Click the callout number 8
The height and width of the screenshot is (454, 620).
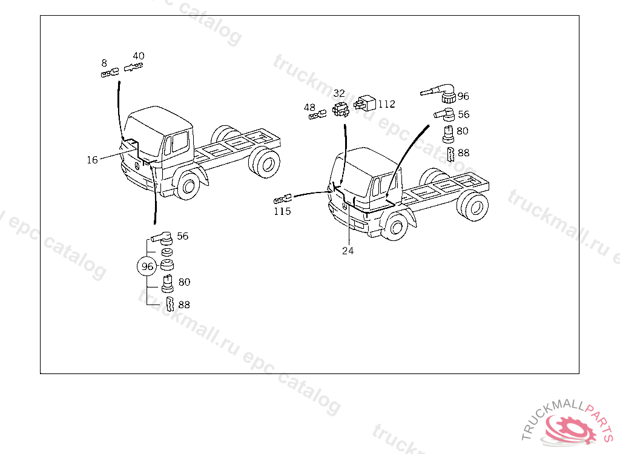pyautogui.click(x=104, y=63)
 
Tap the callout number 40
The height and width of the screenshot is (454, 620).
pyautogui.click(x=139, y=56)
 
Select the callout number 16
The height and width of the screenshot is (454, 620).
pyautogui.click(x=92, y=160)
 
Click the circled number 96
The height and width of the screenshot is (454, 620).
pyautogui.click(x=147, y=266)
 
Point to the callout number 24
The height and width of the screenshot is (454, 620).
pyautogui.click(x=348, y=251)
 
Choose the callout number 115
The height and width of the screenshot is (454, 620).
pyautogui.click(x=282, y=212)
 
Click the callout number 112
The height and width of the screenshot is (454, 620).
pyautogui.click(x=386, y=104)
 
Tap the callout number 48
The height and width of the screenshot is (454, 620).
pyautogui.click(x=309, y=107)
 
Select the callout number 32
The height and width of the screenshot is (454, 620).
pyautogui.click(x=339, y=93)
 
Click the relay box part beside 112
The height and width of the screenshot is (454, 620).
pyautogui.click(x=364, y=104)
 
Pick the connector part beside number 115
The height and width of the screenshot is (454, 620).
pyautogui.click(x=283, y=199)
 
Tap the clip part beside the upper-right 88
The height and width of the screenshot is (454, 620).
pyautogui.click(x=450, y=154)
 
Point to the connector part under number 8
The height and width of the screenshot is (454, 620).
pyautogui.click(x=110, y=73)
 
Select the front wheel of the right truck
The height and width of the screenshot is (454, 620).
pyautogui.click(x=396, y=227)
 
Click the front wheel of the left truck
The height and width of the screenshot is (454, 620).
pyautogui.click(x=189, y=185)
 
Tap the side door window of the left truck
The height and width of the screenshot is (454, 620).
pyautogui.click(x=180, y=142)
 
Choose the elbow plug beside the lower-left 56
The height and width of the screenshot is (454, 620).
pyautogui.click(x=161, y=237)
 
